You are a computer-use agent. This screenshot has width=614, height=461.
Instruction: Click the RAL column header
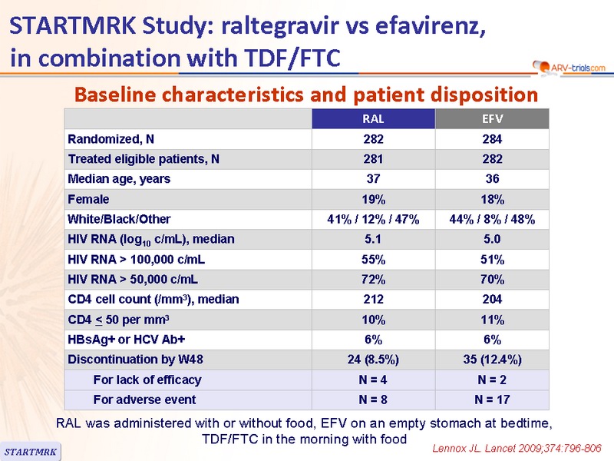tap(373, 119)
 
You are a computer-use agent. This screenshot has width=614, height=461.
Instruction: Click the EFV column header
tap(492, 119)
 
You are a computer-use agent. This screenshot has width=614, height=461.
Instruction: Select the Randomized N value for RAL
tap(373, 139)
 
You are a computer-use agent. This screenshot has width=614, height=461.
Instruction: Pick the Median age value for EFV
tap(492, 179)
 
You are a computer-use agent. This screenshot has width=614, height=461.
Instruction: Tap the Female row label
tap(88, 199)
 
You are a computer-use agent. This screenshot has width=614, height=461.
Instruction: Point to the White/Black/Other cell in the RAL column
tap(373, 219)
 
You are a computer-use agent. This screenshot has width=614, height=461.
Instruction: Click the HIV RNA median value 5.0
tap(492, 239)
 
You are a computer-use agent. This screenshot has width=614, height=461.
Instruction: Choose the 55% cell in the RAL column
tap(373, 260)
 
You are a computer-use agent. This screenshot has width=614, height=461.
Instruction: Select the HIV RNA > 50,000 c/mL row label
tap(133, 280)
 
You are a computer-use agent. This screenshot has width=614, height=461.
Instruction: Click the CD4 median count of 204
tap(492, 300)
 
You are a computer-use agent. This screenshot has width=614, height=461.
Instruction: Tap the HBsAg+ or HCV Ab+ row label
tap(126, 340)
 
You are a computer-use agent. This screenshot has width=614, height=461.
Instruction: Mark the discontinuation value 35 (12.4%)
tap(492, 360)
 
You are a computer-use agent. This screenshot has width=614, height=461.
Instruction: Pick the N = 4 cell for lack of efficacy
tap(373, 380)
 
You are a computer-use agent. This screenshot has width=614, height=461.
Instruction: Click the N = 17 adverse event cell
tap(492, 400)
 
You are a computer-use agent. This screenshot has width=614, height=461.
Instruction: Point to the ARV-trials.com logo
tap(569, 68)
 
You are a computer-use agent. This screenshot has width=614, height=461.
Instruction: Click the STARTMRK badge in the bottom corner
tap(31, 452)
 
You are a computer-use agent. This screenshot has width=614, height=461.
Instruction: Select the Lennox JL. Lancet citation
tap(517, 449)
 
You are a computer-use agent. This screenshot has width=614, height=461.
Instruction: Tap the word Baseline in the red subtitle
tap(116, 95)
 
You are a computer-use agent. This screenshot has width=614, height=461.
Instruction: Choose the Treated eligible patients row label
tap(144, 159)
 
